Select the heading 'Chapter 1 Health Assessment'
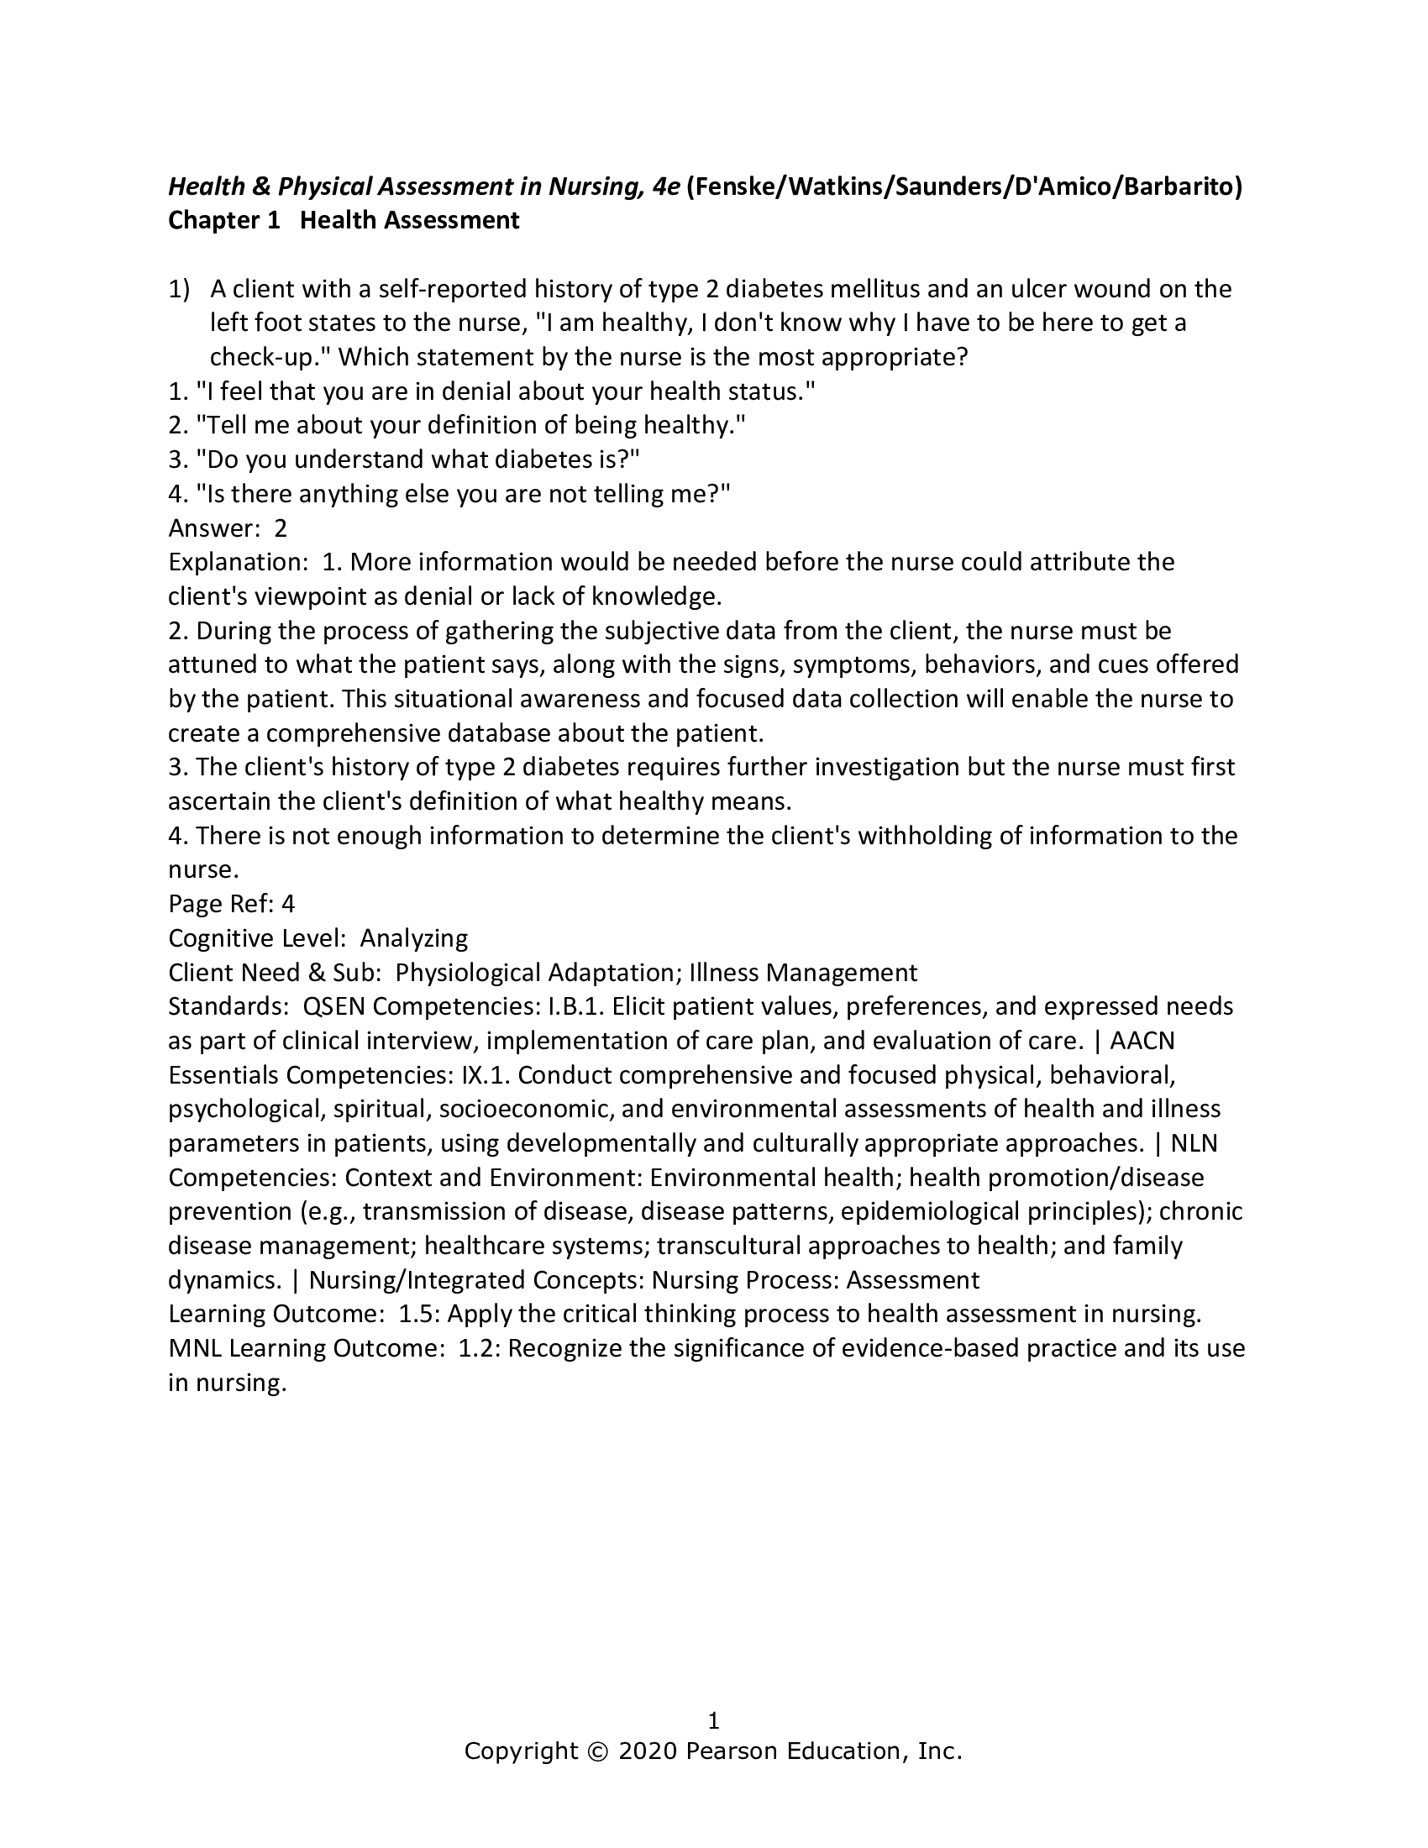pos(344,221)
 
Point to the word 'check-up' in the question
pos(266,358)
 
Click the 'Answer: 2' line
pos(228,529)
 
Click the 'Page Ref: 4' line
pos(231,905)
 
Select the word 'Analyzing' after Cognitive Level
pos(413,938)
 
